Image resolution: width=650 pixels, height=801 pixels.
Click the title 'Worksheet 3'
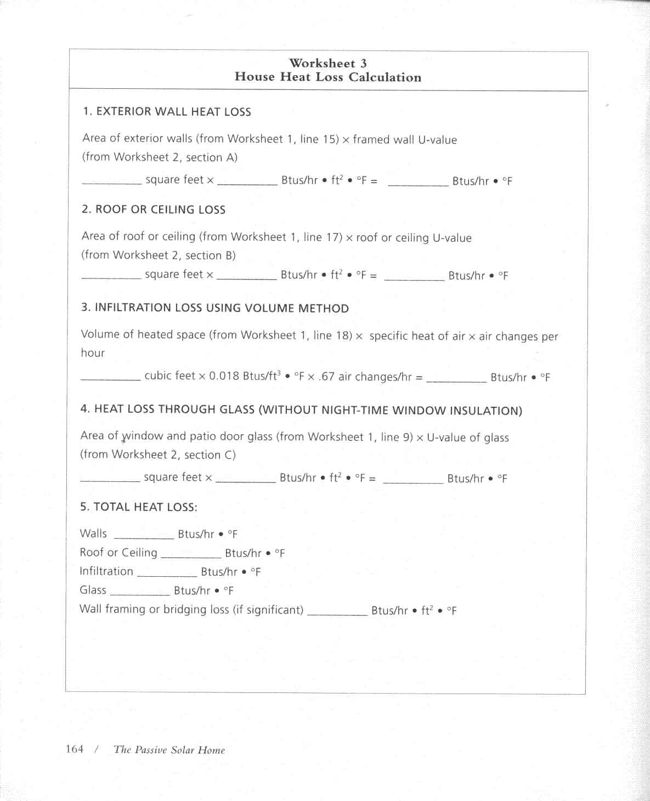[x=328, y=63]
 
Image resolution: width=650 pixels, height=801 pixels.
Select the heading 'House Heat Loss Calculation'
[x=328, y=77]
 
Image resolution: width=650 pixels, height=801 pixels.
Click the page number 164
[x=75, y=749]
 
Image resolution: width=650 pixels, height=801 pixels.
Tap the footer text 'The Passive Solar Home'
[x=169, y=750]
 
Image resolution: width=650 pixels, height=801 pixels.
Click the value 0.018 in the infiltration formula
[x=224, y=376]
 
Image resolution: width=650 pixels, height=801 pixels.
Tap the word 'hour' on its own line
[x=93, y=353]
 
